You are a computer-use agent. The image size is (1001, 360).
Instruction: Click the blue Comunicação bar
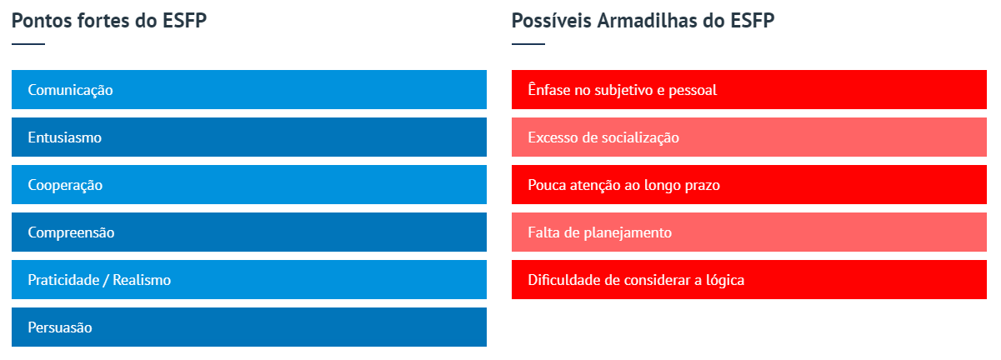point(249,89)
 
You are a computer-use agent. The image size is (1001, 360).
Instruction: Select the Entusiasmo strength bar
point(249,137)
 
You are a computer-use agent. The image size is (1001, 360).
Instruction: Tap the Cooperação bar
point(249,184)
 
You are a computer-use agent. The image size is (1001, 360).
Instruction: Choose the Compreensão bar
point(249,232)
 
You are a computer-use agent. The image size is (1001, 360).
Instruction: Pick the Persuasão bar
point(249,327)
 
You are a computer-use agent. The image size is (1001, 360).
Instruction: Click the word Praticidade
point(63,280)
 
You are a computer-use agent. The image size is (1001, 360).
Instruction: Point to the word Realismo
point(142,280)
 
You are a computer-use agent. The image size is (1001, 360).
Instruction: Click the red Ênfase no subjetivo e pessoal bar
point(749,89)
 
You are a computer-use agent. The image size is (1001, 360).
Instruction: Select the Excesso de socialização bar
point(749,137)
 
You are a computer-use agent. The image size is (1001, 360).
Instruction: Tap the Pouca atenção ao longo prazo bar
point(749,184)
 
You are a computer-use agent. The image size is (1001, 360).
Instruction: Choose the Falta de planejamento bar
point(749,232)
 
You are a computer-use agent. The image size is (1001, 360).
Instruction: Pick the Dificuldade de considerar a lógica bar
point(749,280)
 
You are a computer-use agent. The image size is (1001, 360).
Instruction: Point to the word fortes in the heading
point(107,21)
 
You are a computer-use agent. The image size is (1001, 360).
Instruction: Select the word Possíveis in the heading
point(552,21)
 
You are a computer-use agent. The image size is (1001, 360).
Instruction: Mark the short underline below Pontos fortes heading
point(28,44)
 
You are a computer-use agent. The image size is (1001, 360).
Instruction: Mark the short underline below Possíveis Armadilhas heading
point(528,44)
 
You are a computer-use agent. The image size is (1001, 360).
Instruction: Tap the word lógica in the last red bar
point(725,280)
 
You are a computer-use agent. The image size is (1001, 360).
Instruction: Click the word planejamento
point(628,232)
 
